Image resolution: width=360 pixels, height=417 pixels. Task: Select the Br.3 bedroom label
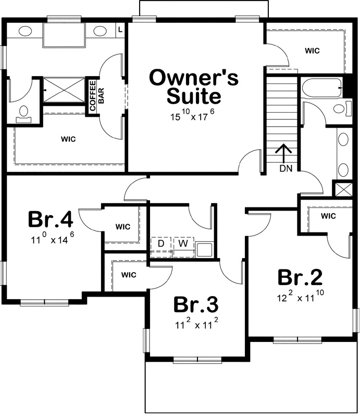(196, 303)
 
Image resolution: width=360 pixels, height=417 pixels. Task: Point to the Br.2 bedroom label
(300, 277)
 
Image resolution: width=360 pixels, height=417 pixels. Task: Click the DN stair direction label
(286, 168)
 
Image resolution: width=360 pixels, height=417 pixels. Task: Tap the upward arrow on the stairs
(283, 153)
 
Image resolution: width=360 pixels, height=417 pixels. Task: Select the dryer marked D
(161, 243)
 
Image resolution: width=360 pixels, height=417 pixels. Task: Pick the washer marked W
(183, 243)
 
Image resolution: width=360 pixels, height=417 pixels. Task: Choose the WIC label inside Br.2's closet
(328, 216)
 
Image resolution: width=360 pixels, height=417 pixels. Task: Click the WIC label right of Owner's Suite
(312, 51)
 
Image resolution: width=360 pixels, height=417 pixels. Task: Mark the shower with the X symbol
(63, 91)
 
